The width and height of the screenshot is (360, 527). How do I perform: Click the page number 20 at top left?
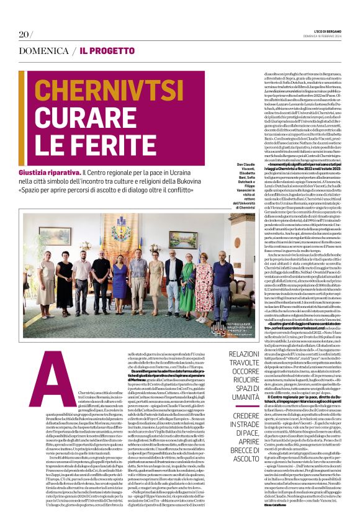pyautogui.click(x=25, y=34)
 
